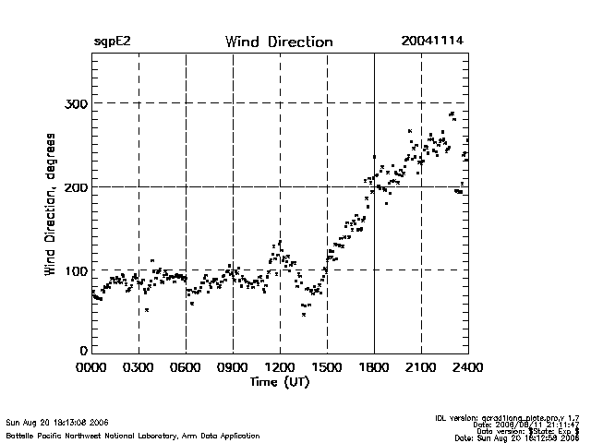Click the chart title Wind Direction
(x=278, y=42)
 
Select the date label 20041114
(x=432, y=42)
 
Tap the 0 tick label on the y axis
(x=84, y=351)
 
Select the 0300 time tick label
(x=139, y=367)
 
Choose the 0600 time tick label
(x=186, y=367)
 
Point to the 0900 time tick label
(x=233, y=367)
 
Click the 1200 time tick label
(x=280, y=367)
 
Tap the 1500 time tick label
(x=327, y=367)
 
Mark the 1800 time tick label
(x=374, y=367)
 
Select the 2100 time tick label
(x=421, y=367)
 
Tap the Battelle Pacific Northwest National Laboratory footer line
(x=133, y=435)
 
